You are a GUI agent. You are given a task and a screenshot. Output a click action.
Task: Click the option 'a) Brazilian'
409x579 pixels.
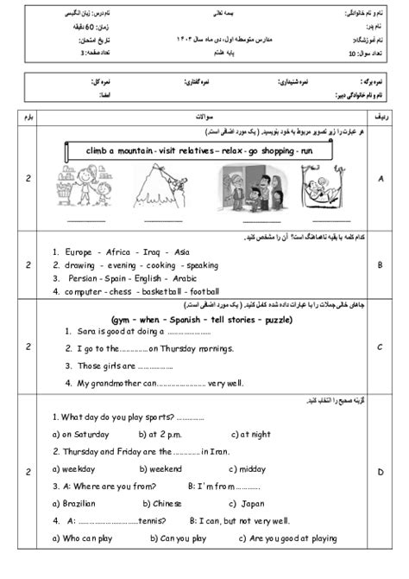[82, 503]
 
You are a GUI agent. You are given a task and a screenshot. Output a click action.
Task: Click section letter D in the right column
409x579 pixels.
[380, 473]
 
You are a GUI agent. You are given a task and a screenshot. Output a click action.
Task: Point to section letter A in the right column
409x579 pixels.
[380, 179]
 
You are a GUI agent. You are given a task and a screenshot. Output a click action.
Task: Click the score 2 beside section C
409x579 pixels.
[29, 347]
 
